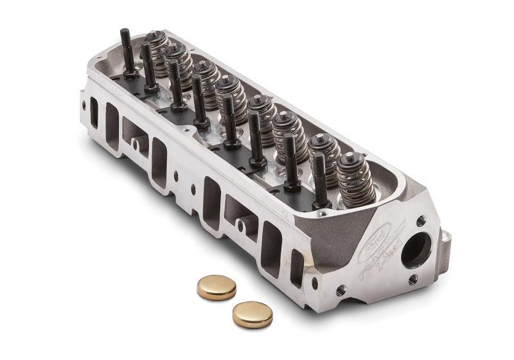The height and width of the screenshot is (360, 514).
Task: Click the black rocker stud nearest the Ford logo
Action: [321, 180]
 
